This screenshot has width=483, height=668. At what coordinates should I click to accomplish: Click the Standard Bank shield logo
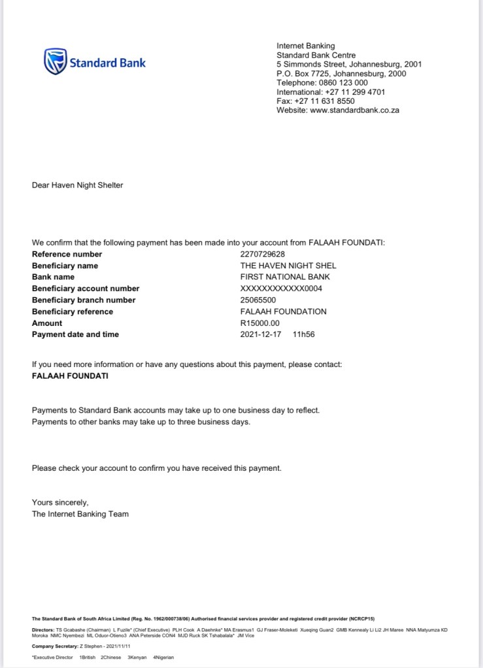tap(55, 61)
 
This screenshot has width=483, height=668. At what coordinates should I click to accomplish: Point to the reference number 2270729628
tap(263, 254)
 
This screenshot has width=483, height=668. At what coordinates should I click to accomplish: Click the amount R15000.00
tap(260, 323)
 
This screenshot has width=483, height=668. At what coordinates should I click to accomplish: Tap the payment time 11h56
tap(304, 335)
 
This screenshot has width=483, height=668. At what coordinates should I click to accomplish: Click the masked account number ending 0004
tap(281, 289)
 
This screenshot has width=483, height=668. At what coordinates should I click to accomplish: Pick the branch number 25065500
tap(259, 300)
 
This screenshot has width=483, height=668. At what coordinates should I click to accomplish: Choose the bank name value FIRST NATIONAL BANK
tap(285, 277)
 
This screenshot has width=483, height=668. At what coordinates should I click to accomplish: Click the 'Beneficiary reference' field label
tap(73, 311)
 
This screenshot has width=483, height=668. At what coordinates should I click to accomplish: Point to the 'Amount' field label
tap(47, 323)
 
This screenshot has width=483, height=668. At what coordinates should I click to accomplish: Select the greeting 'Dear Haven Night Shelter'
tap(77, 185)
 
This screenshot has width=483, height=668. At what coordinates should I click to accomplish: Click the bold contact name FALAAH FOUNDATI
tap(71, 376)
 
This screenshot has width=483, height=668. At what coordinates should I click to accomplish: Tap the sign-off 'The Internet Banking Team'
tap(80, 514)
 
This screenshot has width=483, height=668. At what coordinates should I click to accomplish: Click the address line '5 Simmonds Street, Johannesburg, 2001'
tap(349, 65)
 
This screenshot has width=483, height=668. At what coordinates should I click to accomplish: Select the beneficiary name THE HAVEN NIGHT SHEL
tap(288, 266)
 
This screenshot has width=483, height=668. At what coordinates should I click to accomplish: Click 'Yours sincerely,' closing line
tap(60, 502)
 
